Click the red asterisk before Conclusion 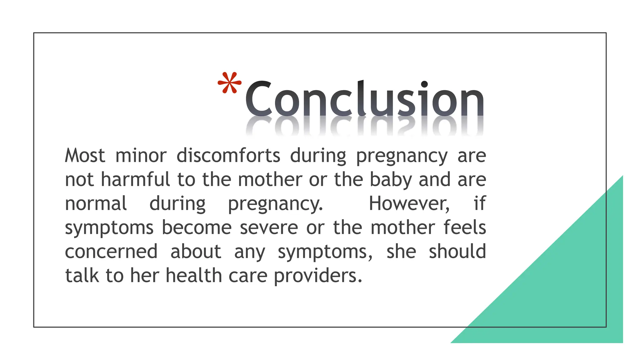click(229, 83)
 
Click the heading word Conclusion click(364, 98)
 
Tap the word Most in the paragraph click(85, 155)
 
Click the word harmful click(135, 179)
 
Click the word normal click(96, 203)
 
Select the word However click(409, 203)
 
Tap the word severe click(269, 227)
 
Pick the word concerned click(111, 252)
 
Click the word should click(457, 251)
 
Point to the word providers click(318, 276)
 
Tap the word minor click(141, 155)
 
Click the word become click(197, 227)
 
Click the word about click(196, 252)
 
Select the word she click(401, 252)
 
